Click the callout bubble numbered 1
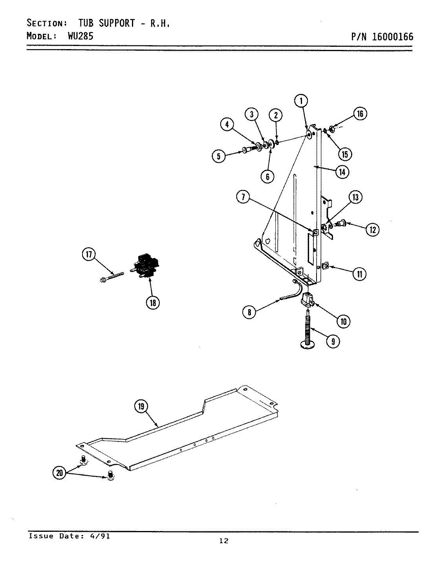pyautogui.click(x=301, y=101)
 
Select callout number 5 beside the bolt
pyautogui.click(x=218, y=156)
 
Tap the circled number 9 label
pyautogui.click(x=333, y=341)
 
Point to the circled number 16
pyautogui.click(x=360, y=114)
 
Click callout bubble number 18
pyautogui.click(x=152, y=302)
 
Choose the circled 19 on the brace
pyautogui.click(x=141, y=406)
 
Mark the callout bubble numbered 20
pyautogui.click(x=60, y=473)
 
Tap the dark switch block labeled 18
pyautogui.click(x=145, y=267)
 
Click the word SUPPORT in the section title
pyautogui.click(x=117, y=23)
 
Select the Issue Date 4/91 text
pyautogui.click(x=69, y=536)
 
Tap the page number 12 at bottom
pyautogui.click(x=223, y=541)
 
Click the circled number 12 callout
pyautogui.click(x=372, y=229)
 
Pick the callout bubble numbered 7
pyautogui.click(x=243, y=197)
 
